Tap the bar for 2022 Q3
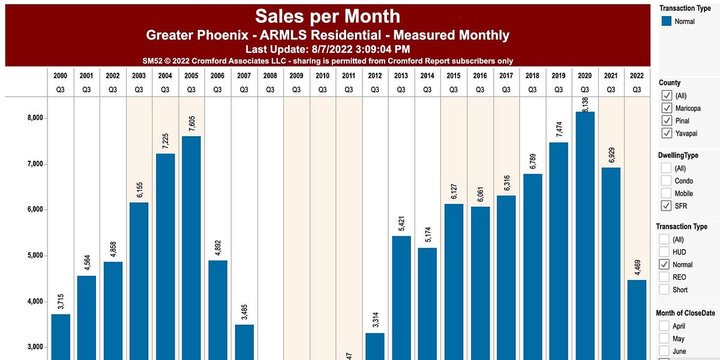click(637, 318)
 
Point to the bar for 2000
click(61, 336)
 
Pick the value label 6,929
click(611, 151)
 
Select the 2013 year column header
click(401, 76)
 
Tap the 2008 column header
click(270, 76)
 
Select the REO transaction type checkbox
click(665, 277)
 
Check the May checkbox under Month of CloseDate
click(665, 339)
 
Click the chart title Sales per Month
click(328, 16)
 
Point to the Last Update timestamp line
click(328, 49)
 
